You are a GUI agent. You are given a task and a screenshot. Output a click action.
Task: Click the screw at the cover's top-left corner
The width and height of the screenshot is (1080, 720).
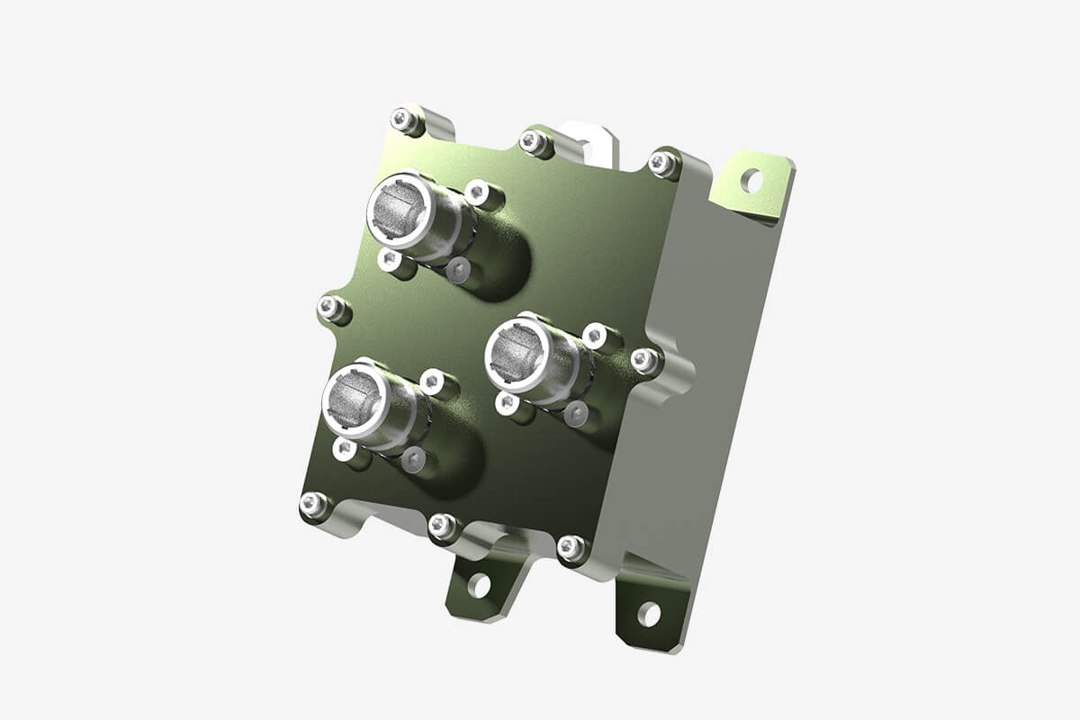pyautogui.click(x=404, y=119)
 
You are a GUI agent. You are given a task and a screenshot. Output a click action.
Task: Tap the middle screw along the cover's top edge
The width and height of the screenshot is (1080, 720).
pyautogui.click(x=533, y=140)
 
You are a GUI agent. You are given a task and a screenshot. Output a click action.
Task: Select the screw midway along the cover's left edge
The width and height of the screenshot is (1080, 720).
pyautogui.click(x=331, y=309)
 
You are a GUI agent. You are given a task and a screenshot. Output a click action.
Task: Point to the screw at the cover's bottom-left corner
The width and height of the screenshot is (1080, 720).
pyautogui.click(x=312, y=505)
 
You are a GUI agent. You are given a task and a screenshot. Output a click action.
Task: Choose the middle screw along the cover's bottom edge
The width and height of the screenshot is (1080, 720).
pyautogui.click(x=441, y=526)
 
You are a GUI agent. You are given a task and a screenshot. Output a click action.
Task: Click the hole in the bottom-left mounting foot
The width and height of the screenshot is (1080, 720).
pyautogui.click(x=479, y=586)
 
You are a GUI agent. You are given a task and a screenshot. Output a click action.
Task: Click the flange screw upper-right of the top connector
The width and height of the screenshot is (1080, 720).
pyautogui.click(x=477, y=191)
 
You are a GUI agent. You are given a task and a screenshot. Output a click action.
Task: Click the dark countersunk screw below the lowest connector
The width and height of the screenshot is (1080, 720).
pyautogui.click(x=412, y=460)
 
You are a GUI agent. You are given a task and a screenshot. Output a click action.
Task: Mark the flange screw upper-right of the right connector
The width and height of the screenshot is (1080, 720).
pyautogui.click(x=595, y=336)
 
